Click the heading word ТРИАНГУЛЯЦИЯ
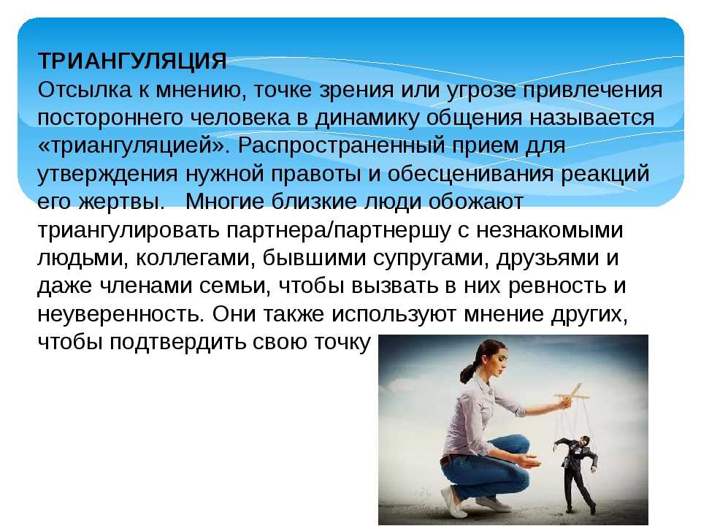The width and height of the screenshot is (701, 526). [x=132, y=61]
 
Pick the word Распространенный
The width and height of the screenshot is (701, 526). [x=340, y=146]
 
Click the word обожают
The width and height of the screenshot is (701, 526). [x=475, y=202]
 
